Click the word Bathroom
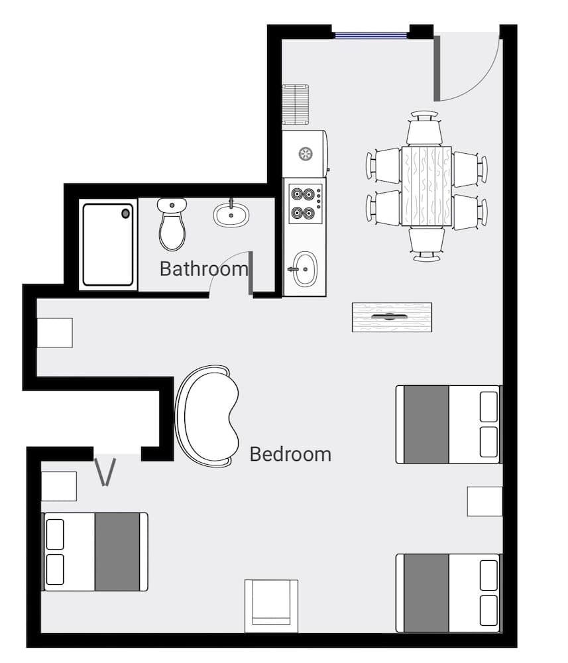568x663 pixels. [203, 269]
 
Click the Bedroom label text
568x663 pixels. [290, 454]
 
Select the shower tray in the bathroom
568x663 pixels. [108, 244]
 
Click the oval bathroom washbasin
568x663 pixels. [231, 213]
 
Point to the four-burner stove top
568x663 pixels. [305, 204]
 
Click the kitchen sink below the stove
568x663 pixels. [305, 269]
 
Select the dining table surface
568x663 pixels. [426, 186]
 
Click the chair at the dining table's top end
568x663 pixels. [425, 129]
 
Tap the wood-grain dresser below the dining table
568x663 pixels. [392, 317]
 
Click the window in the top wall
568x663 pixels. [370, 34]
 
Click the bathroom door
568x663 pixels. [250, 273]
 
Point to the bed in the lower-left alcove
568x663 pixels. [95, 551]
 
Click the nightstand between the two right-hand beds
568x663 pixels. [484, 501]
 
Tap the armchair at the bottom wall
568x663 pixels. [271, 606]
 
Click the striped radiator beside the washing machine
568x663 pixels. [296, 103]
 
